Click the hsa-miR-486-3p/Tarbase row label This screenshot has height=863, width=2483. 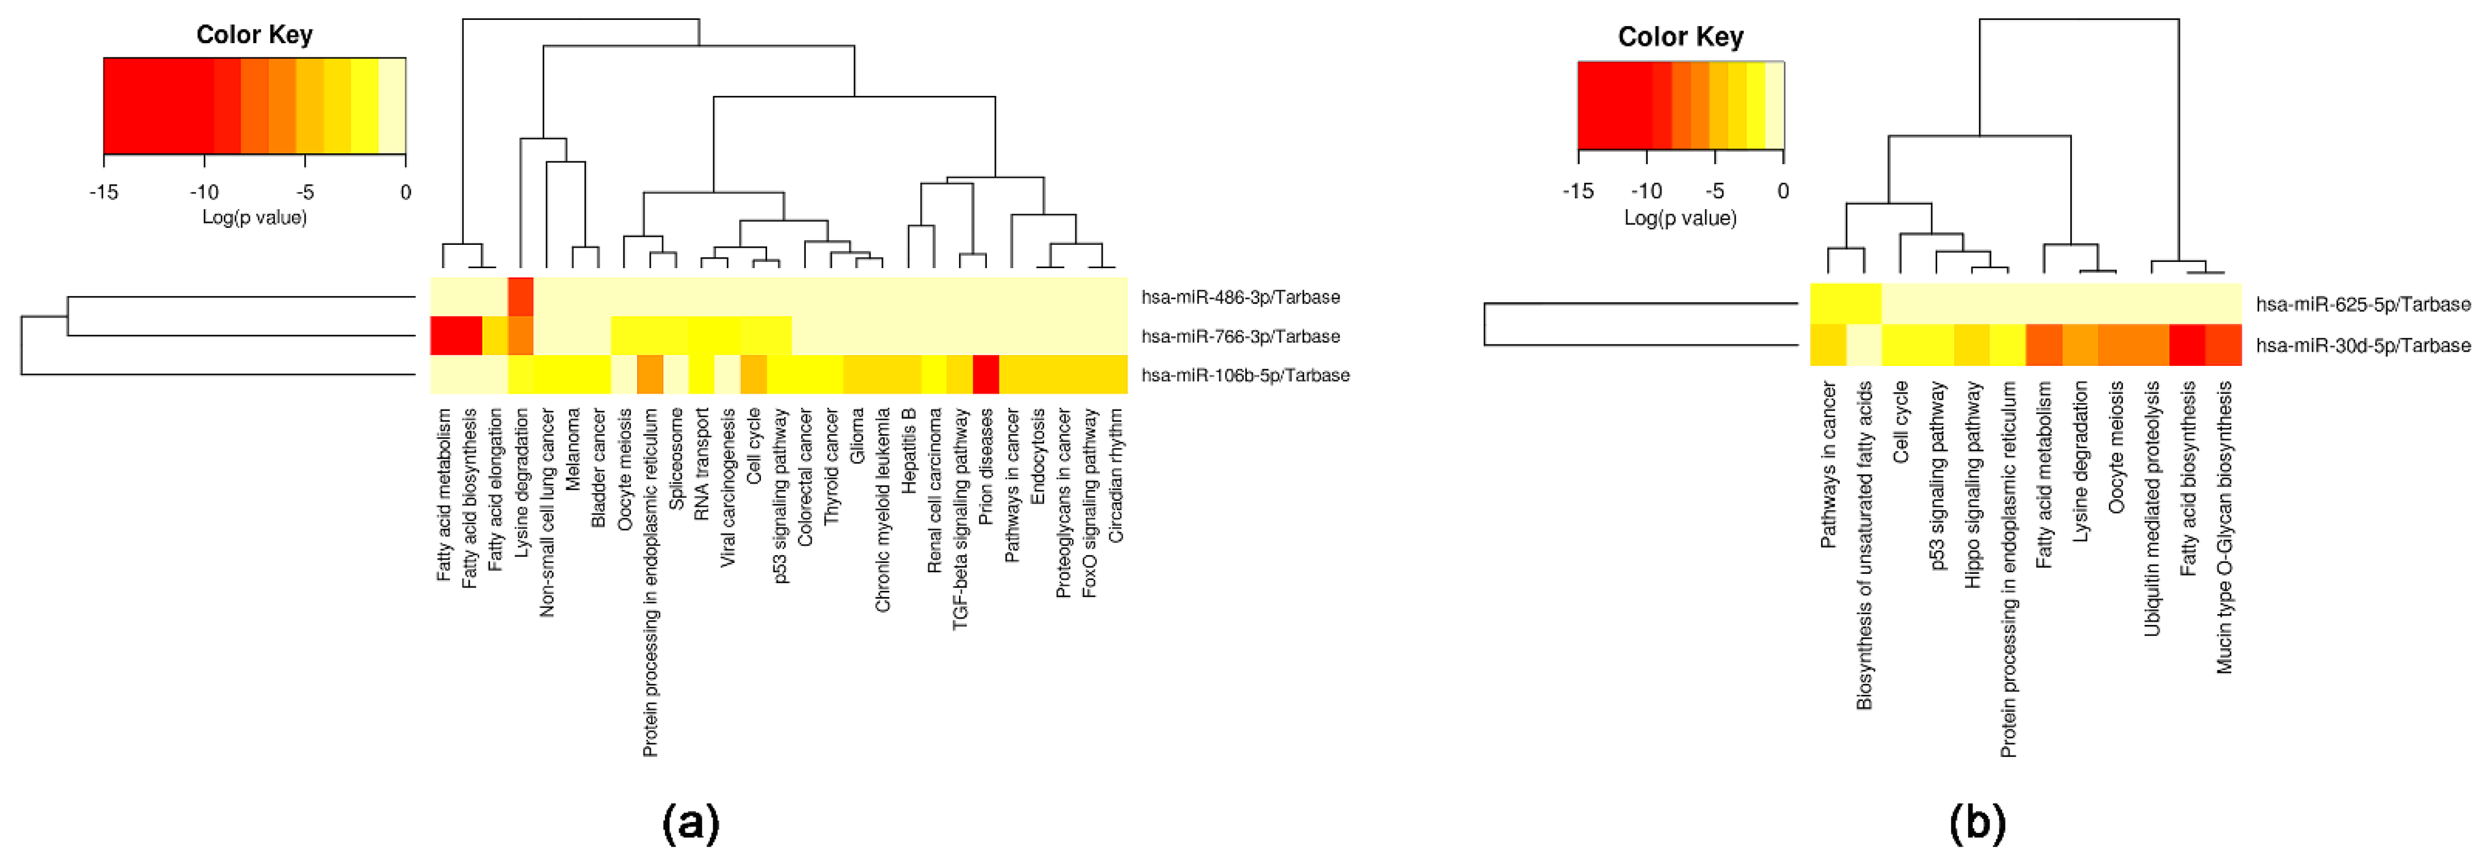pyautogui.click(x=1240, y=297)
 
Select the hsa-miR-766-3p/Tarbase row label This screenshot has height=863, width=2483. pyautogui.click(x=1240, y=336)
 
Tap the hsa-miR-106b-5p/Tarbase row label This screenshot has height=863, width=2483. pyautogui.click(x=1245, y=375)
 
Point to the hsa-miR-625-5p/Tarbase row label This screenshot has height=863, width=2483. pyautogui.click(x=2363, y=305)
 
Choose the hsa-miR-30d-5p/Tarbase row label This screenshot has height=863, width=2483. pyautogui.click(x=2363, y=345)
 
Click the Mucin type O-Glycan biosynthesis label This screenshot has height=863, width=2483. pyautogui.click(x=2224, y=527)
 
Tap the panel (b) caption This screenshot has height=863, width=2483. pyautogui.click(x=1977, y=823)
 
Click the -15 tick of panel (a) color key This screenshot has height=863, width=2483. pyautogui.click(x=103, y=192)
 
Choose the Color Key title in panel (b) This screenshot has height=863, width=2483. pyautogui.click(x=1680, y=36)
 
